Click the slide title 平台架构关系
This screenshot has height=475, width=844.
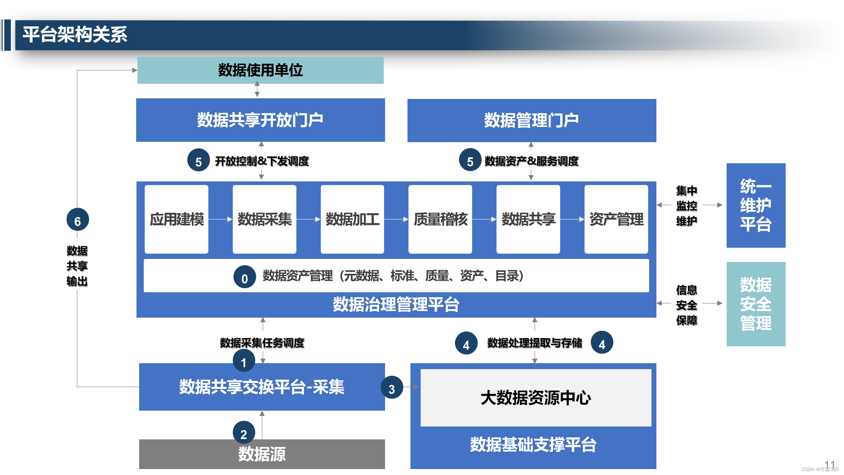[75, 35]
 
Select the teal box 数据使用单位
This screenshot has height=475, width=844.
[260, 70]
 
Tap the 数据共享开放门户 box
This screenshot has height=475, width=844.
[260, 120]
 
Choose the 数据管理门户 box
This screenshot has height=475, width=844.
[531, 120]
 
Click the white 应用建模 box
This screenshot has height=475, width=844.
[176, 219]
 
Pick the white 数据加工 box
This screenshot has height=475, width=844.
[352, 219]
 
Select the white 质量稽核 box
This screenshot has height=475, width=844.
[440, 219]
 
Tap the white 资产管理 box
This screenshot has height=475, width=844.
[616, 219]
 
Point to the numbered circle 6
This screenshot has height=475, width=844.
[77, 220]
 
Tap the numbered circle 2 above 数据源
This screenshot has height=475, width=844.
[244, 432]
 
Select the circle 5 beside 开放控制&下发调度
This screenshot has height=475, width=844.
[198, 160]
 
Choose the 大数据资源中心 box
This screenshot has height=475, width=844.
[536, 397]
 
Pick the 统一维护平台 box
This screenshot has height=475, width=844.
[756, 205]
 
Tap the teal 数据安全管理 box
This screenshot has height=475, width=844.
[756, 304]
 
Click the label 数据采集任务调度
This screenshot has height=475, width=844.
[262, 343]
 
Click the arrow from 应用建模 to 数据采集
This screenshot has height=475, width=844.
[220, 219]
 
